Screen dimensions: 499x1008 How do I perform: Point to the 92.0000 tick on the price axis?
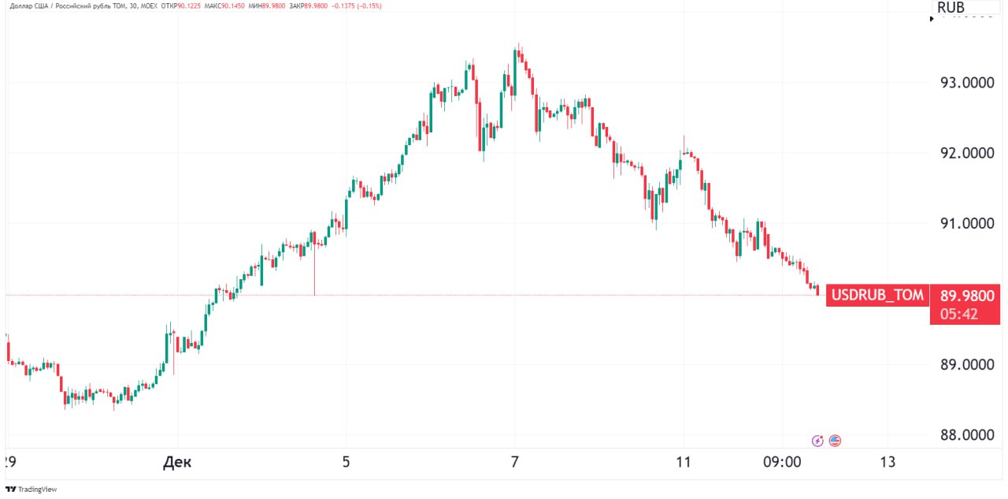(967, 153)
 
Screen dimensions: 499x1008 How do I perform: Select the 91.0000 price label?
(967, 224)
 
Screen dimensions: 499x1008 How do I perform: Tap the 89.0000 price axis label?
(967, 365)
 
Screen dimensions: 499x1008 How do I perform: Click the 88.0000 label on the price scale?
(967, 435)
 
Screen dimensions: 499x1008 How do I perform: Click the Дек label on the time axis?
(177, 462)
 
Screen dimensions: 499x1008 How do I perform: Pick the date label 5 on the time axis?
(346, 462)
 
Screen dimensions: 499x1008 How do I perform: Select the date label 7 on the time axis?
(515, 462)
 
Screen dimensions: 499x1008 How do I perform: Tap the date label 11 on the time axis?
(683, 462)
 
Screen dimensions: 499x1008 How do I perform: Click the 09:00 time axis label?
(783, 462)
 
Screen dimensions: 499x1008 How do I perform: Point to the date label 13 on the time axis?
(888, 462)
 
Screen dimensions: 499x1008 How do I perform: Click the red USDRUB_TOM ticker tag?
(877, 296)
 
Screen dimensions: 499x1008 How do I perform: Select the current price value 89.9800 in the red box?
(967, 296)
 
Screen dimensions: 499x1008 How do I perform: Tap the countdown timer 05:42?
(958, 314)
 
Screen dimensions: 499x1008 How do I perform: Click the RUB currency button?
(951, 8)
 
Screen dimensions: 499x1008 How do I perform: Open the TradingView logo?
(31, 489)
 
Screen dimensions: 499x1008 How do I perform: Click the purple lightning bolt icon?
(818, 441)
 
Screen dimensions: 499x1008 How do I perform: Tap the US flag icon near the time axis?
(835, 441)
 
